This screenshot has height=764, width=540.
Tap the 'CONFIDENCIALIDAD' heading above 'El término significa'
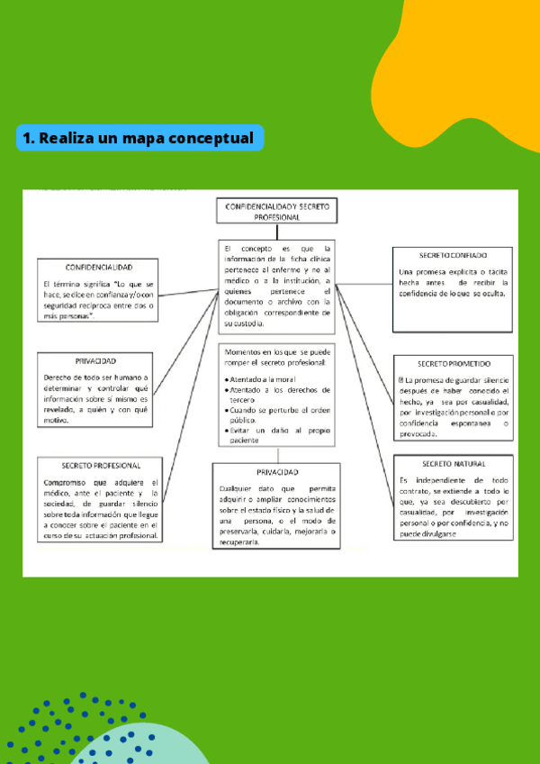click(x=99, y=268)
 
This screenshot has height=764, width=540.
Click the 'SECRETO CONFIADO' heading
click(x=454, y=256)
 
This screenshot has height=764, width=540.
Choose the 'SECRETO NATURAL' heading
click(x=454, y=464)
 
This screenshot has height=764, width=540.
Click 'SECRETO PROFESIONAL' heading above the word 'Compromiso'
click(x=101, y=466)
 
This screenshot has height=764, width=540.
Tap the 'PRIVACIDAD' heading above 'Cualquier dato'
click(x=276, y=472)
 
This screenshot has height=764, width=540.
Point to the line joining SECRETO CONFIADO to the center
click(x=364, y=283)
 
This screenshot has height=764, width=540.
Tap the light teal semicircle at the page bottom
click(x=135, y=748)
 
